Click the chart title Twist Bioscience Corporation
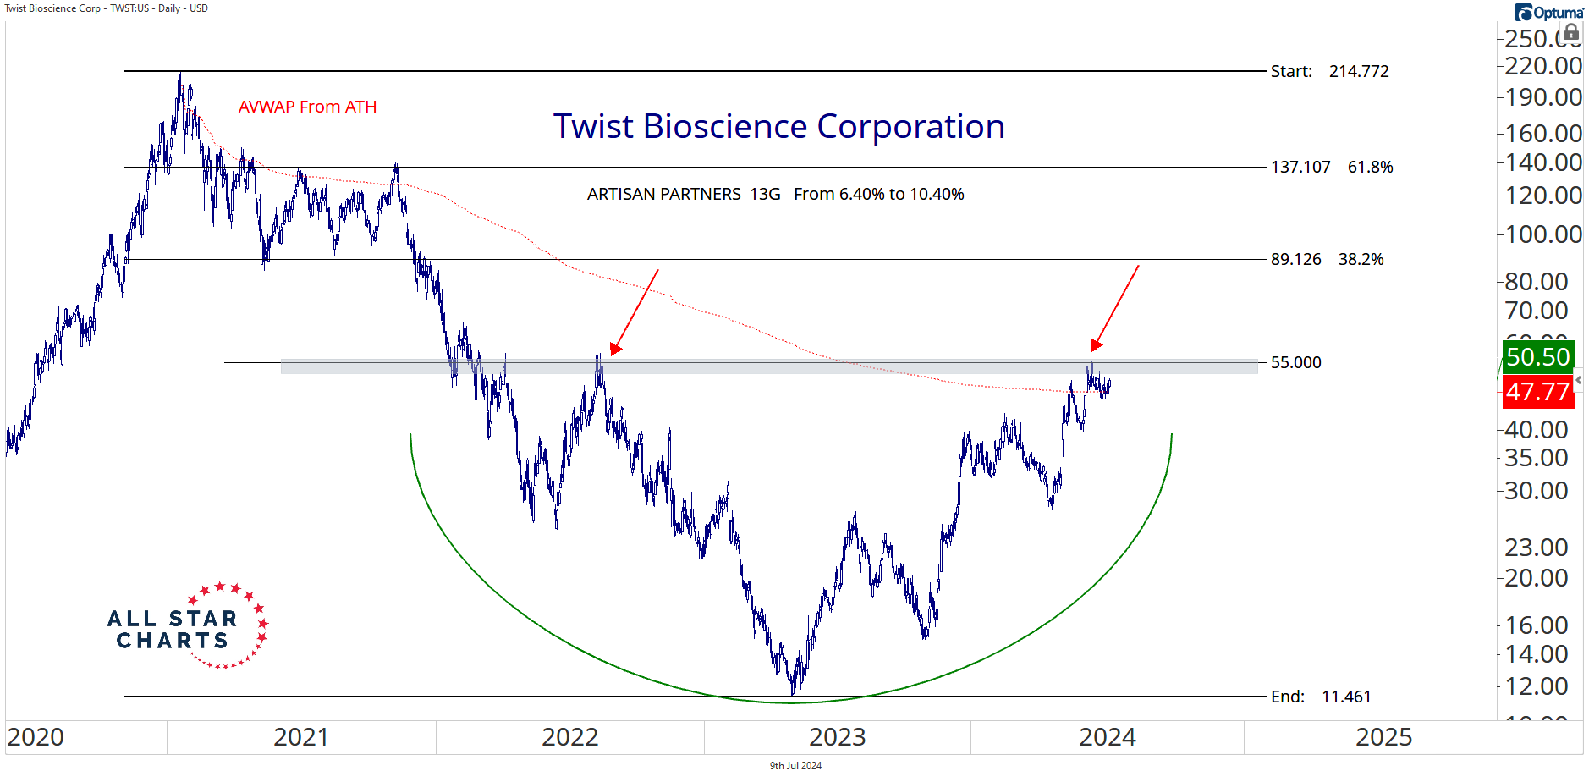pyautogui.click(x=778, y=127)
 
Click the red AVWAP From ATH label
pyautogui.click(x=307, y=107)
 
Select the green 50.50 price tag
pyautogui.click(x=1537, y=357)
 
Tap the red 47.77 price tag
pyautogui.click(x=1537, y=393)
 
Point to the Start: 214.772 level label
pyautogui.click(x=1329, y=72)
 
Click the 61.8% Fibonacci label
pyautogui.click(x=1370, y=168)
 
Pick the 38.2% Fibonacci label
pyautogui.click(x=1361, y=260)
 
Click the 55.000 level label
pyautogui.click(x=1295, y=363)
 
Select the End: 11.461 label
pyautogui.click(x=1320, y=697)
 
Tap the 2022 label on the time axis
pyautogui.click(x=569, y=737)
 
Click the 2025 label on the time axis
pyautogui.click(x=1383, y=737)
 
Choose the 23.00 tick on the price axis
pyautogui.click(x=1536, y=548)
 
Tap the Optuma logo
pyautogui.click(x=1548, y=13)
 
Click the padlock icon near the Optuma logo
pyautogui.click(x=1570, y=33)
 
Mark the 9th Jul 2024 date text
pyautogui.click(x=795, y=766)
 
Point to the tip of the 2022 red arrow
pyautogui.click(x=612, y=353)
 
